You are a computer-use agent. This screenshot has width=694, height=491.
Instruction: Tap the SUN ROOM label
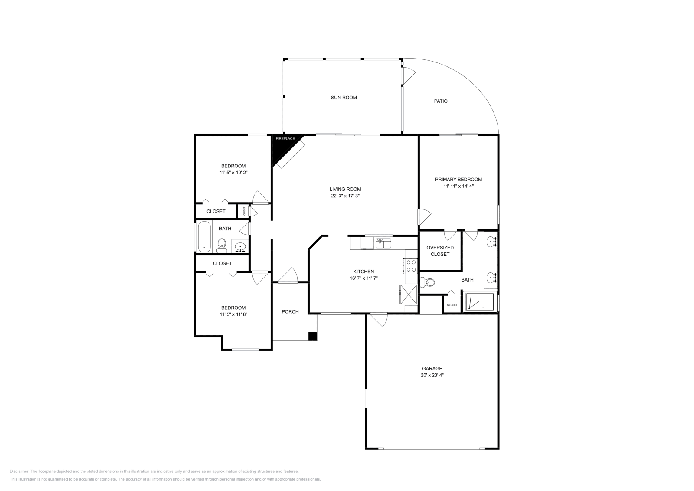[344, 98]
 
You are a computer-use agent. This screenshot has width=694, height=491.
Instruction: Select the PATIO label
[441, 101]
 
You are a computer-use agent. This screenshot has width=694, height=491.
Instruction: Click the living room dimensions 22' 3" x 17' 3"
[345, 196]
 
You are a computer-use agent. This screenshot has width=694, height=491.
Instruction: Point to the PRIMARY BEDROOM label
[458, 179]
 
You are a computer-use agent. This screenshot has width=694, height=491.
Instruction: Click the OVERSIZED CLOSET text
[440, 251]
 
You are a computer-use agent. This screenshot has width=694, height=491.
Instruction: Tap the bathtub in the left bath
[204, 237]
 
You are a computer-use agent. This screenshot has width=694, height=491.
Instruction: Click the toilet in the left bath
[222, 245]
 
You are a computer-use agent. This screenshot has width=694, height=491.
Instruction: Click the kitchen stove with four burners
[410, 266]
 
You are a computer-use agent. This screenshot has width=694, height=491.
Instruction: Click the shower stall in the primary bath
[480, 302]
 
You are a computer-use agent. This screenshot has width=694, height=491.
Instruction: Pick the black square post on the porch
[312, 336]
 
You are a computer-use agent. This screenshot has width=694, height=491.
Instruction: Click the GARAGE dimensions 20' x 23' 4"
[432, 375]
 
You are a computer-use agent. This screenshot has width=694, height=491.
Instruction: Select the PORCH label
[290, 311]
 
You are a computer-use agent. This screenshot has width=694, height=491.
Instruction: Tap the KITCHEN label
[363, 272]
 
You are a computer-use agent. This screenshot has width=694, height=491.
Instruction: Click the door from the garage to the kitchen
[379, 319]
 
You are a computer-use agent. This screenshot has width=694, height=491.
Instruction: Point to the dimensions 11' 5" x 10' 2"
[233, 173]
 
